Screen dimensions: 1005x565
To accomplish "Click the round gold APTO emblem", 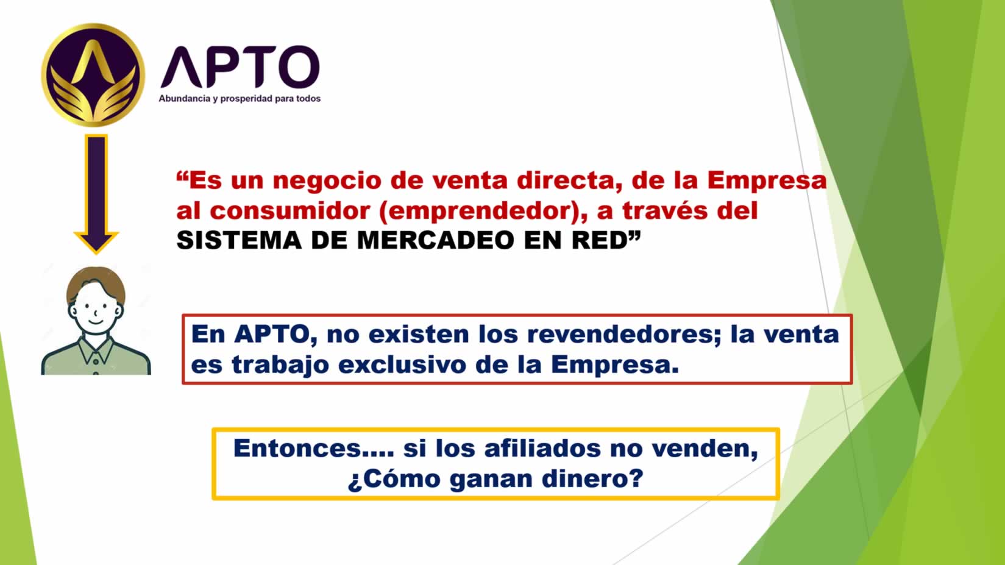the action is pos(93,75).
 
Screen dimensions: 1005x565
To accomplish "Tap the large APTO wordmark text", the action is pos(240,67).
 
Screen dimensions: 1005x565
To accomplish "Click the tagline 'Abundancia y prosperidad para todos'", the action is pos(240,99).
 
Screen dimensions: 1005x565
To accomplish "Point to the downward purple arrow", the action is pos(96,194).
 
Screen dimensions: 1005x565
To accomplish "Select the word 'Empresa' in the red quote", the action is pos(767,180).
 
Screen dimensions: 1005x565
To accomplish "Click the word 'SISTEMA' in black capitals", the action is pos(239,240).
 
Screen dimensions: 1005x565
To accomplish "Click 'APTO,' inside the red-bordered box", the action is pos(275,335).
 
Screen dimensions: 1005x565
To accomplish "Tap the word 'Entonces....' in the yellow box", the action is pos(314,449).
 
